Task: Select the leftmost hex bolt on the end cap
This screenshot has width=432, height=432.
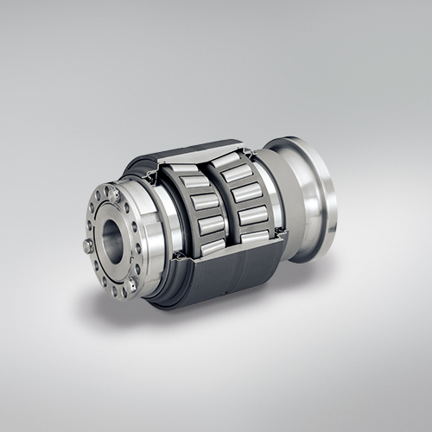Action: point(88,246)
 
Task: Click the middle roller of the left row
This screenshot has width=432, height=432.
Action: point(204,202)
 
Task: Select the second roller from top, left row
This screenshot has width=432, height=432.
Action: point(195,182)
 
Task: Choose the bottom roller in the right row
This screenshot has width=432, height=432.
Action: point(255,235)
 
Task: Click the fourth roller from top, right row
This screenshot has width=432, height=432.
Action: point(251,215)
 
